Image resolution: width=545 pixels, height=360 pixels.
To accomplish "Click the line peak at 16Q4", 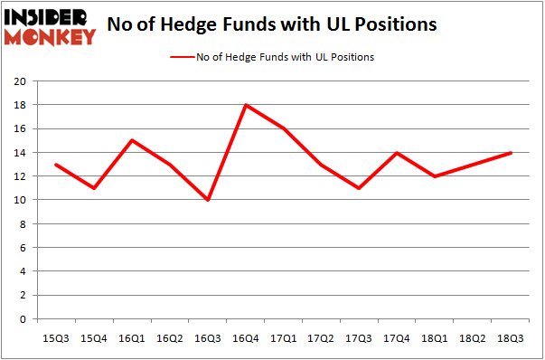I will [x=246, y=105].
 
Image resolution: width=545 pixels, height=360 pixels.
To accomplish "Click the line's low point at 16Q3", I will [x=208, y=200].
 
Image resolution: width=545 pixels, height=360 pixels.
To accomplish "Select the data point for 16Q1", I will [x=132, y=140].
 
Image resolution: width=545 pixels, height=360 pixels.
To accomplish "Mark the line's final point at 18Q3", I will [x=512, y=152].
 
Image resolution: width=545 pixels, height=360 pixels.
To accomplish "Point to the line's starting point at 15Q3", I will [x=56, y=165].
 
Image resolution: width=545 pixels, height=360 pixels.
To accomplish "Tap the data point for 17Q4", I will [x=398, y=152].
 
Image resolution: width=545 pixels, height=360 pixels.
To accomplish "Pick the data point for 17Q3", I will [x=360, y=188].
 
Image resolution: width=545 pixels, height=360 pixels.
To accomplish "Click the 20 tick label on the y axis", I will [x=19, y=81].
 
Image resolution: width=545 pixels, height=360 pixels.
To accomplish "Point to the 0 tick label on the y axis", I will [x=23, y=319].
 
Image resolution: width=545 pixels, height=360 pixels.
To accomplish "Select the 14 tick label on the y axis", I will [x=19, y=153].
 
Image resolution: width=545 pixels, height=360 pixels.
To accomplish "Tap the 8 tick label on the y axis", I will [x=23, y=224].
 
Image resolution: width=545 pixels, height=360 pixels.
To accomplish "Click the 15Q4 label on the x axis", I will [x=94, y=337].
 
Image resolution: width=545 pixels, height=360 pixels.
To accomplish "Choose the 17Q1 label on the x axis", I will [x=284, y=337].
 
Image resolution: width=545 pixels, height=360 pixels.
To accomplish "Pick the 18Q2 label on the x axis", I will [x=474, y=337].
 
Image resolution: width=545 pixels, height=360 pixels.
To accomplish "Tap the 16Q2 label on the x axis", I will [x=170, y=337].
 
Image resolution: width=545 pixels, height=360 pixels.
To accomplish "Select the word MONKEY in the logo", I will [x=51, y=37].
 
